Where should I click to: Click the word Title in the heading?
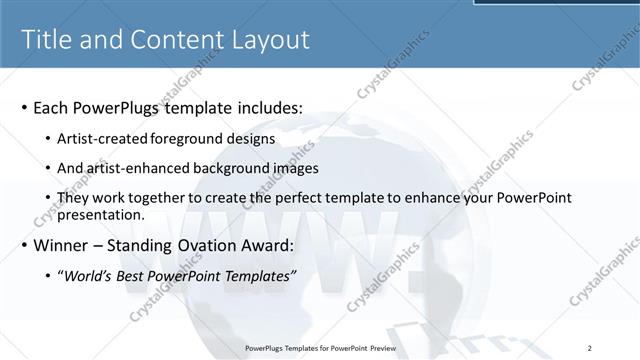[47, 39]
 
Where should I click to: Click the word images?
[295, 168]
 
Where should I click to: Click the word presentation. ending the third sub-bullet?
[102, 214]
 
